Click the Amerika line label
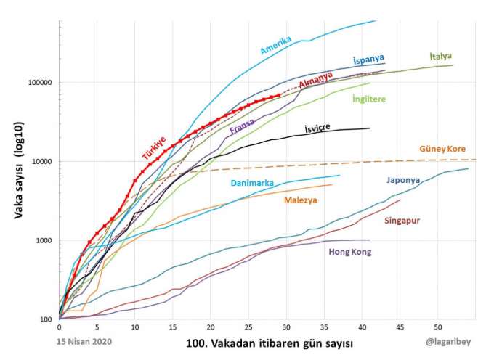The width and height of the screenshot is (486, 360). (275, 45)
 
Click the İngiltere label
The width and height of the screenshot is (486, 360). (368, 99)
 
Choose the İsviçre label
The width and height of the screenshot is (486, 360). (317, 128)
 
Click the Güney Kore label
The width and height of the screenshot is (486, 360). (442, 149)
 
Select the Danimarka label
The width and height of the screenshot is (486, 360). (252, 183)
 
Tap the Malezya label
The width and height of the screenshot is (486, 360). (301, 200)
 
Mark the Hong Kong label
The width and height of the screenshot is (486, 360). (350, 252)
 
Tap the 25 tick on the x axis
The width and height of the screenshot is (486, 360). (248, 327)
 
